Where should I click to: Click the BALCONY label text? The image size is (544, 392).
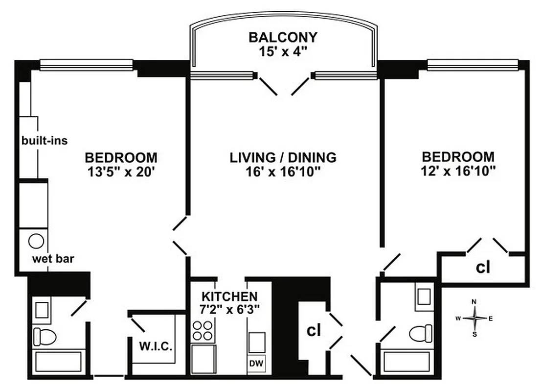click(283, 37)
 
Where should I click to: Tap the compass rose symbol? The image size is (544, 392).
click(474, 318)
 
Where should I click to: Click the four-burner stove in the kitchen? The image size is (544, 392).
click(204, 331)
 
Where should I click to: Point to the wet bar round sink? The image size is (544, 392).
click(36, 241)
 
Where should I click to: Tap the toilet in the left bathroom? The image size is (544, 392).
click(44, 336)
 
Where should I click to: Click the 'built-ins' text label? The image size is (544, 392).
click(44, 141)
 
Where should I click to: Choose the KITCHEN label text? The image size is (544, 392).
click(230, 296)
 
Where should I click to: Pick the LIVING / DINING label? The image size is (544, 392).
click(283, 158)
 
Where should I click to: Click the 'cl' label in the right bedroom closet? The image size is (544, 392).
click(483, 268)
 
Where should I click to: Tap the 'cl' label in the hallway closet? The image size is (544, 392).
click(313, 330)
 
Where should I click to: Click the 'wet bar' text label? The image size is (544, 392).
click(53, 259)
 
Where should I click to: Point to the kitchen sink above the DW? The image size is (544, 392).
click(257, 342)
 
